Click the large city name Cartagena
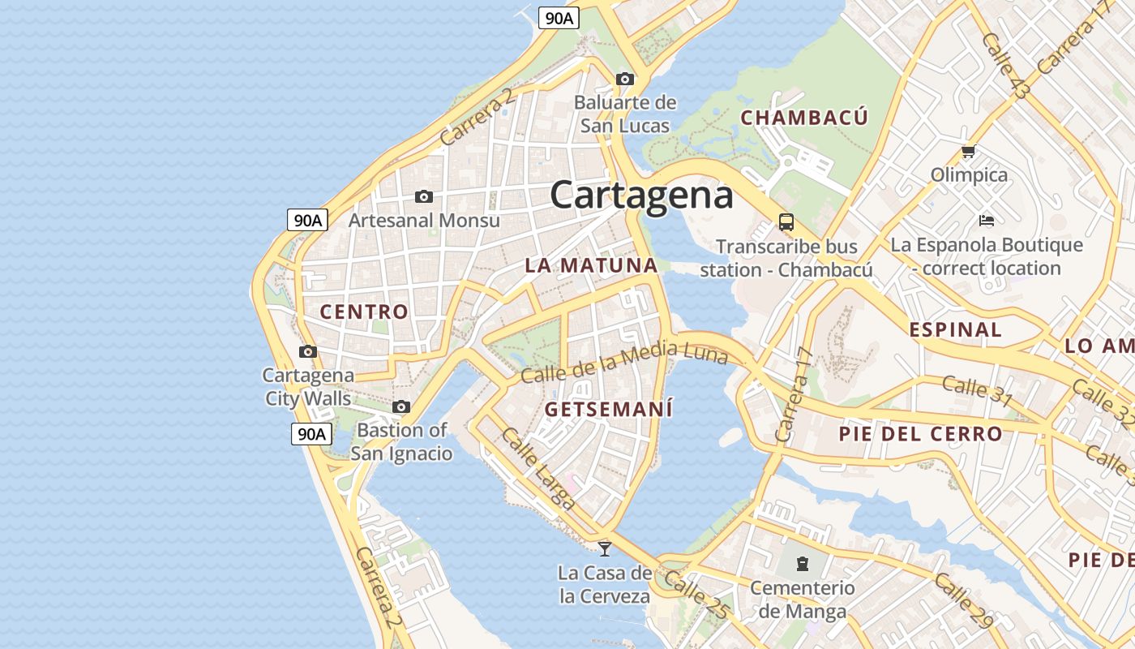pyautogui.click(x=641, y=195)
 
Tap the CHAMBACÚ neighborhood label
pyautogui.click(x=804, y=118)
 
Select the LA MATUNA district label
pyautogui.click(x=591, y=265)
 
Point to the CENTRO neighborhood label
pyautogui.click(x=364, y=312)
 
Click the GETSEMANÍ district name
pyautogui.click(x=609, y=409)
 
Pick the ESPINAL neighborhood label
pyautogui.click(x=955, y=330)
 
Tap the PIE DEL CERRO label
pyautogui.click(x=920, y=434)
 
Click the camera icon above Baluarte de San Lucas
pyautogui.click(x=624, y=79)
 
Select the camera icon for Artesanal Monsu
pyautogui.click(x=423, y=196)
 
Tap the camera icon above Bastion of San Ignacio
pyautogui.click(x=401, y=406)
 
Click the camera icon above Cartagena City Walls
pyautogui.click(x=308, y=351)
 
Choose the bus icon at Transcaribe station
pyautogui.click(x=786, y=221)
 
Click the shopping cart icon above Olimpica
pyautogui.click(x=968, y=152)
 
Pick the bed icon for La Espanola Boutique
pyautogui.click(x=986, y=220)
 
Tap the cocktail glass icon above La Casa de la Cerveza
pyautogui.click(x=604, y=549)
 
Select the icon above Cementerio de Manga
pyautogui.click(x=802, y=562)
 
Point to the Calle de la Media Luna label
pyautogui.click(x=624, y=363)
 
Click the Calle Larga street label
pyautogui.click(x=538, y=469)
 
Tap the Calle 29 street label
pyautogui.click(x=962, y=601)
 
